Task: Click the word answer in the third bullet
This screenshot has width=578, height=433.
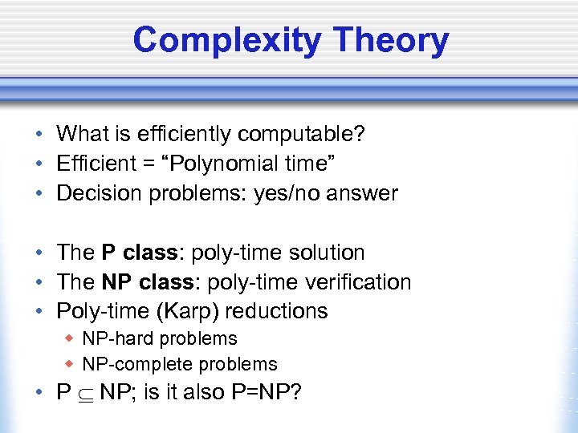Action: (367, 193)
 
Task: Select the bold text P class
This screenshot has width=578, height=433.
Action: (138, 253)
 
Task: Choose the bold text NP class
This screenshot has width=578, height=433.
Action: (146, 282)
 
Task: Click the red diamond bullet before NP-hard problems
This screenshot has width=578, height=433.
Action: (70, 339)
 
